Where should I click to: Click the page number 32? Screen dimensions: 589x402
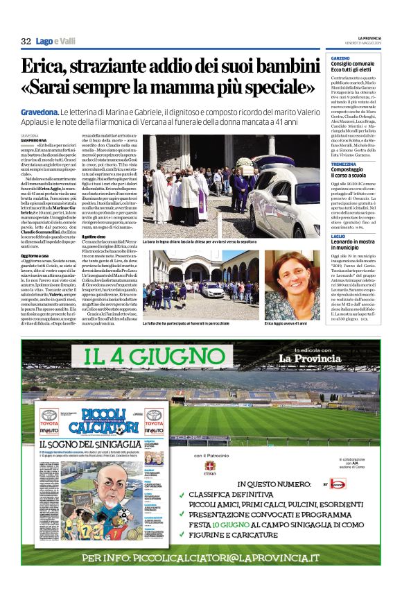tap(26, 41)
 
